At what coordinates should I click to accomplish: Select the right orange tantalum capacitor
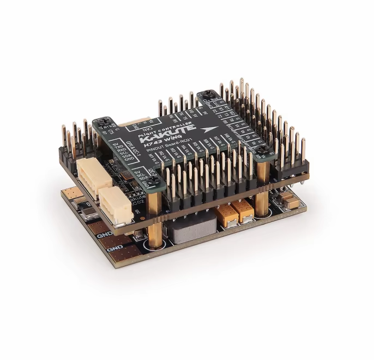click(x=243, y=210)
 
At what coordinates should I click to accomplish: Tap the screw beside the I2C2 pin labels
click(x=154, y=181)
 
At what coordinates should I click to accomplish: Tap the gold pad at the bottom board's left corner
click(x=70, y=193)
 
